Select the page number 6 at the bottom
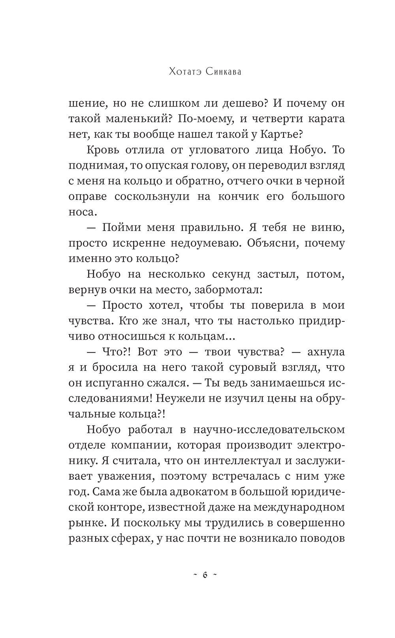205,575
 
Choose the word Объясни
272,243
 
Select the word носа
82,212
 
